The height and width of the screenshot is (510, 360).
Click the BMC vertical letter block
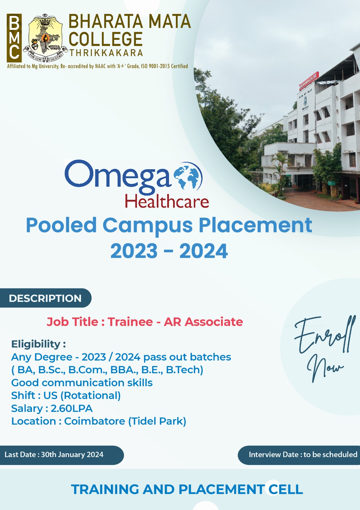point(14,38)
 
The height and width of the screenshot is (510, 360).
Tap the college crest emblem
point(46,38)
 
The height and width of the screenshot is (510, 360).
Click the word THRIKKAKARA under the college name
point(106,53)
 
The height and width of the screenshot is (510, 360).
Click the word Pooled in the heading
point(61,225)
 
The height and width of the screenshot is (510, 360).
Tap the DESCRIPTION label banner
point(46,298)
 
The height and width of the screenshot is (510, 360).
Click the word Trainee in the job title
point(130,322)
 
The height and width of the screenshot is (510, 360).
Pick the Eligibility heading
point(39,344)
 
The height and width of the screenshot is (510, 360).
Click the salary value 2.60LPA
point(72,408)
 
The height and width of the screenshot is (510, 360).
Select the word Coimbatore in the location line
point(95,421)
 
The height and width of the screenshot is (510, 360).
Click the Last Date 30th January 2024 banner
point(62,455)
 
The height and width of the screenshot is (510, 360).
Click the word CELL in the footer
point(285,489)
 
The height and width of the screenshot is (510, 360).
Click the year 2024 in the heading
point(204,251)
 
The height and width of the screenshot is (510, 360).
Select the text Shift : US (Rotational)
point(66,396)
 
